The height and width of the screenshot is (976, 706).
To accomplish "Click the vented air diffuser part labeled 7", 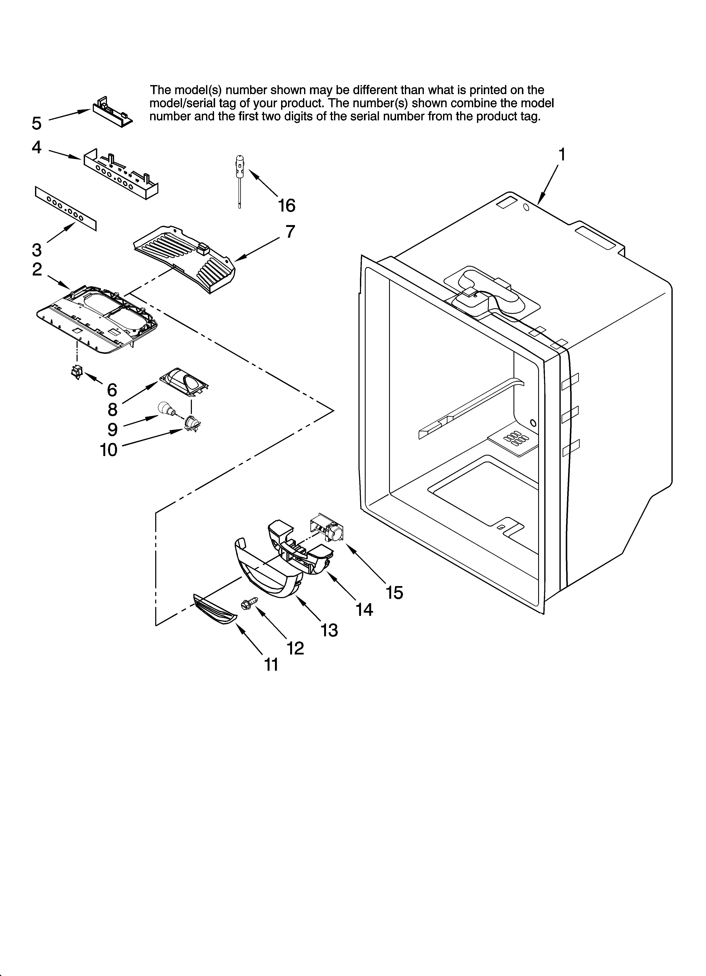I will (x=185, y=258).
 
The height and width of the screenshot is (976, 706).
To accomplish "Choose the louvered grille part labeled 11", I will (x=214, y=612).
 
